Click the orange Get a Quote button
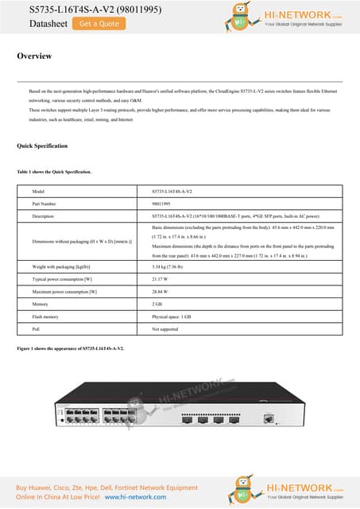pyautogui.click(x=99, y=24)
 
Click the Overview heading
pyautogui.click(x=34, y=56)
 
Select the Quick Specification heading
pyautogui.click(x=42, y=146)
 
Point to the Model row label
pyautogui.click(x=38, y=192)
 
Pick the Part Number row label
pyautogui.click(x=45, y=204)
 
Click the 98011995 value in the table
pyautogui.click(x=162, y=204)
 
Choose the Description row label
pyautogui.click(x=44, y=216)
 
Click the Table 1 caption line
pyautogui.click(x=54, y=172)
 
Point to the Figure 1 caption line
pyautogui.click(x=70, y=349)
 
